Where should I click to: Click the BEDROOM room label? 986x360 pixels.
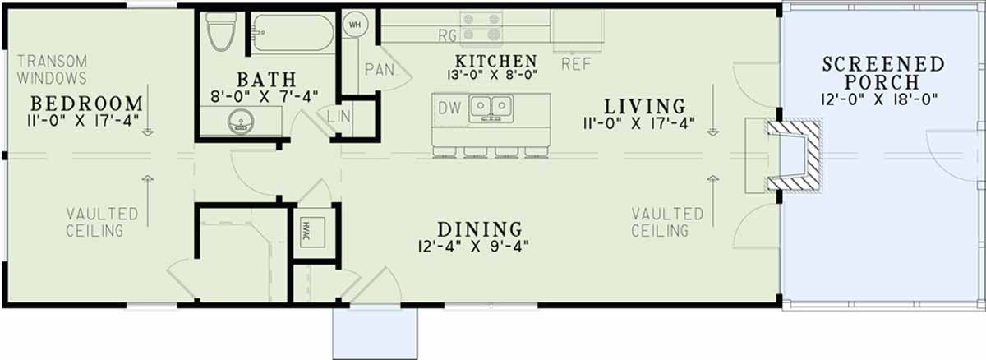click(x=87, y=104)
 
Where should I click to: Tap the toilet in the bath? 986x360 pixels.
click(x=221, y=31)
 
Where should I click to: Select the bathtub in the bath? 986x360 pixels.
click(x=293, y=33)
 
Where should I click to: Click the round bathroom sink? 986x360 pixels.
click(x=241, y=121)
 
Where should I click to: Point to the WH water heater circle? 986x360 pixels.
click(x=355, y=25)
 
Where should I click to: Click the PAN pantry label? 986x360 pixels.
click(x=380, y=70)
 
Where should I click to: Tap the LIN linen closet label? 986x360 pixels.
click(x=339, y=117)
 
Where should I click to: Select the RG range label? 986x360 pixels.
click(x=447, y=35)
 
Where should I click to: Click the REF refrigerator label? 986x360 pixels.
click(x=576, y=64)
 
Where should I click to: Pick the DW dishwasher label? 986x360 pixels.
click(x=449, y=108)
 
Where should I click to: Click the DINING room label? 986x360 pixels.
click(x=480, y=229)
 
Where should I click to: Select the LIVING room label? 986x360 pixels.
click(x=645, y=106)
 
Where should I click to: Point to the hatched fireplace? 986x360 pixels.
click(x=794, y=156)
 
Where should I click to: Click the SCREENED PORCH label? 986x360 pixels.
click(x=883, y=73)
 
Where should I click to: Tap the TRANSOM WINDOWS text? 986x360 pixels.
click(x=52, y=70)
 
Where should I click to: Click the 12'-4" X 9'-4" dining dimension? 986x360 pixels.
click(x=473, y=247)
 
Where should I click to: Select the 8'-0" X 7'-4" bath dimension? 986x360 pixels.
click(x=264, y=96)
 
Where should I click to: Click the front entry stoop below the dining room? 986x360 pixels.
click(x=375, y=333)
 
